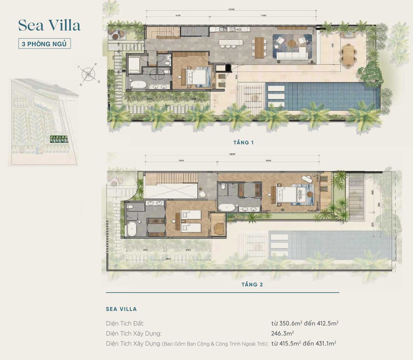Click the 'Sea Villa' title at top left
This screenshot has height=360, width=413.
coord(49,25)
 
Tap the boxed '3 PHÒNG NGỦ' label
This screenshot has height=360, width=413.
coord(45,43)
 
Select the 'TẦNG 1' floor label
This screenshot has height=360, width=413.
coord(243,142)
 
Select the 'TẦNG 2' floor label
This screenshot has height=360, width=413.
coord(252,285)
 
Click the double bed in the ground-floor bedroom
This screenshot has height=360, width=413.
coord(197,75)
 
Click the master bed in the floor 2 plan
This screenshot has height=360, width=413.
coord(290,194)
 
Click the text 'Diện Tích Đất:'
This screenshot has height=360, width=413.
coord(125,323)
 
